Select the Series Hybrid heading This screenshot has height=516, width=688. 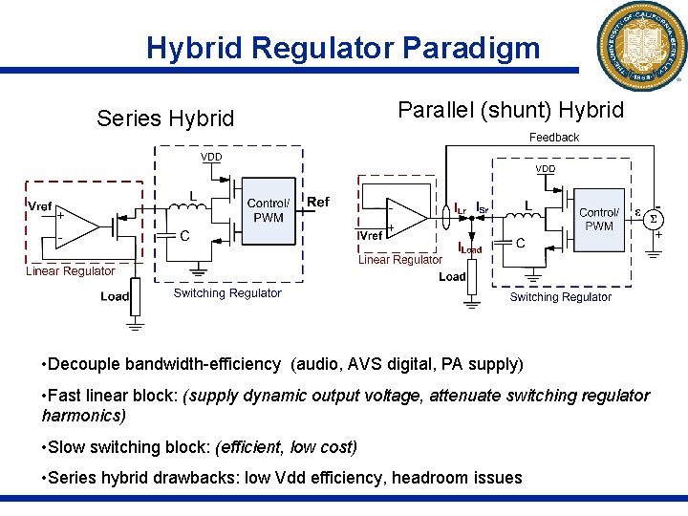tap(165, 118)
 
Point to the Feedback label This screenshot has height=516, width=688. tap(554, 138)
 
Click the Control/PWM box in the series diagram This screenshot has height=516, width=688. tap(269, 210)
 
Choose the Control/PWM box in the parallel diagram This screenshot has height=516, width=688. tap(599, 219)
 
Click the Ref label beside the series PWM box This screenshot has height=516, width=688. tap(318, 202)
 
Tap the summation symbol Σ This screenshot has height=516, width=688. tap(654, 219)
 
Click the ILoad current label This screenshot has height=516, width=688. tap(470, 247)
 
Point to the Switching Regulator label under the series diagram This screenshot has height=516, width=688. tap(227, 293)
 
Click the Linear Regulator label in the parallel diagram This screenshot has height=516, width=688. tap(400, 259)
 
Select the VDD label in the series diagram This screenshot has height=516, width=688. tap(211, 157)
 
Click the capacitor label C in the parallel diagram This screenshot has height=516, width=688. tap(520, 243)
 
